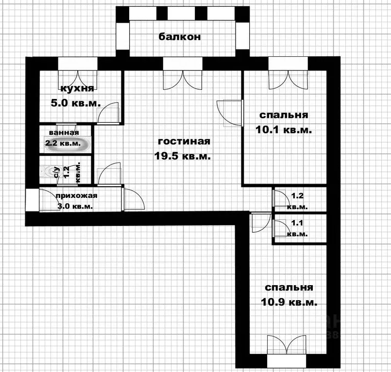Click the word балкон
click(179, 37)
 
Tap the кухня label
click(77, 88)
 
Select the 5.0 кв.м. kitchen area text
click(76, 103)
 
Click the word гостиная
click(184, 142)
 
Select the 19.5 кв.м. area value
click(184, 156)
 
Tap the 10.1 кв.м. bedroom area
click(284, 130)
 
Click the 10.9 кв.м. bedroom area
click(289, 302)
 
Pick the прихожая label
click(77, 196)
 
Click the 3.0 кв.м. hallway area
click(75, 206)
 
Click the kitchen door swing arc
click(108, 113)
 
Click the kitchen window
click(78, 64)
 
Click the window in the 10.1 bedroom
click(288, 64)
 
